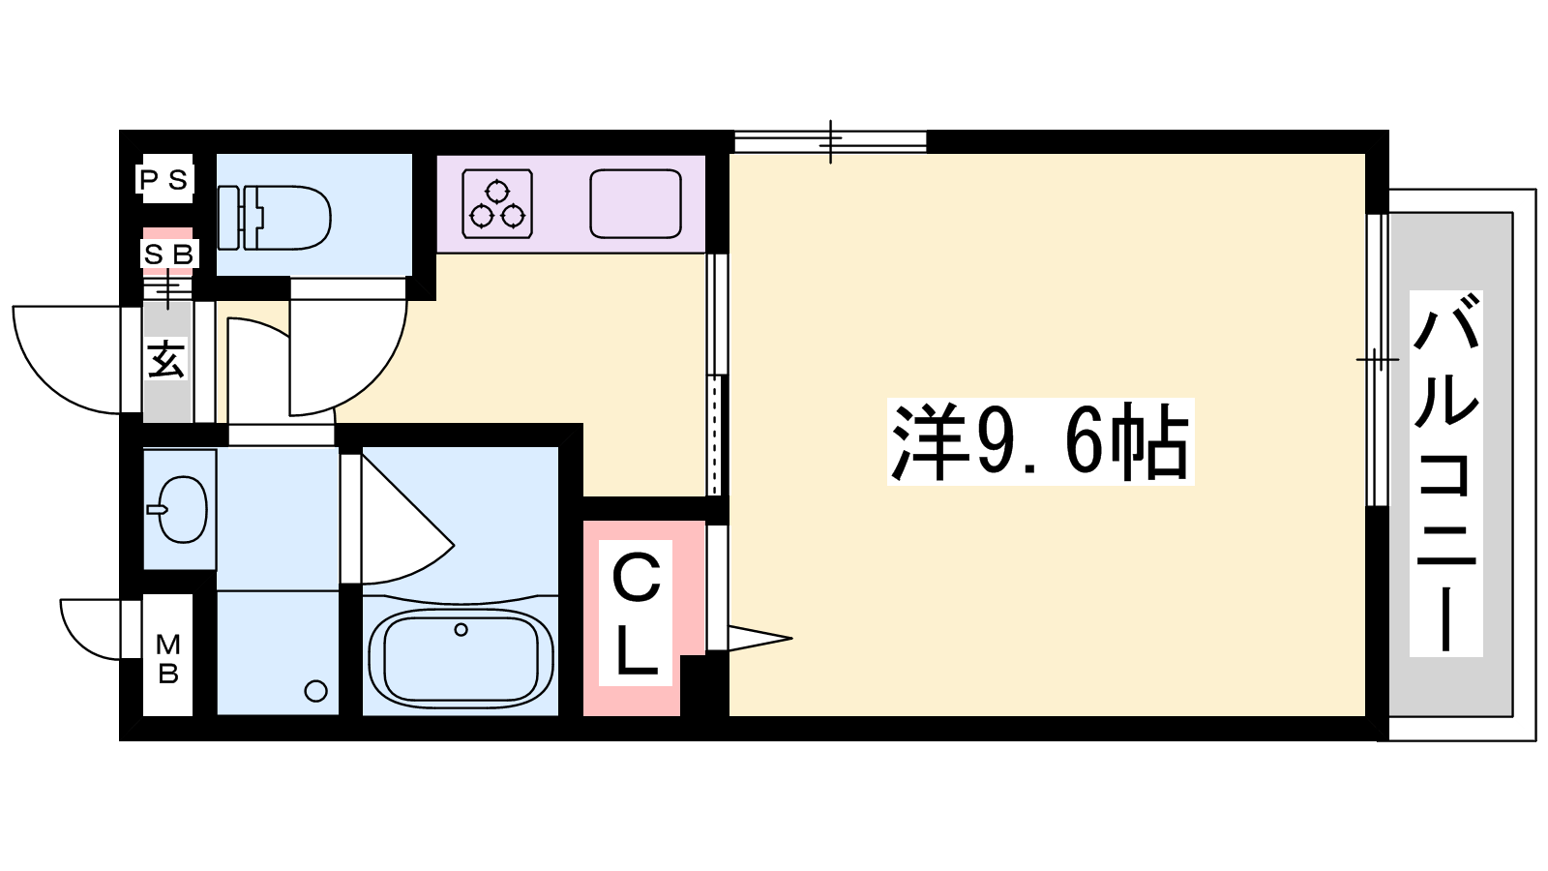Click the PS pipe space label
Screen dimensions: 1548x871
pyautogui.click(x=164, y=180)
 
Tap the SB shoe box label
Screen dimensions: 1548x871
pyautogui.click(x=168, y=255)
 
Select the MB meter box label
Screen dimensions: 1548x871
pyautogui.click(x=168, y=659)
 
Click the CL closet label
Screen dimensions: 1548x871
pyautogui.click(x=636, y=614)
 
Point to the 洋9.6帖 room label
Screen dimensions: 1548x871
pyautogui.click(x=1040, y=441)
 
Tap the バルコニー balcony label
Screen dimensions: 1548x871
pyautogui.click(x=1445, y=473)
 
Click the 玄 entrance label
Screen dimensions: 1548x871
pyautogui.click(x=166, y=359)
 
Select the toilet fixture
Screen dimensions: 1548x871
pyautogui.click(x=275, y=217)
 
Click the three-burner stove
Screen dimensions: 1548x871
pyautogui.click(x=497, y=204)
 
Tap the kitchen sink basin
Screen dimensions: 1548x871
pyautogui.click(x=635, y=204)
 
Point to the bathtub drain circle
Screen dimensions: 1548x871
pyautogui.click(x=461, y=629)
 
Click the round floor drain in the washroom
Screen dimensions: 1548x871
pyautogui.click(x=315, y=691)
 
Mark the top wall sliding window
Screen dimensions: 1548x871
pyautogui.click(x=830, y=141)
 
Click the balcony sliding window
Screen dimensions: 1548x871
pyautogui.click(x=1378, y=360)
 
